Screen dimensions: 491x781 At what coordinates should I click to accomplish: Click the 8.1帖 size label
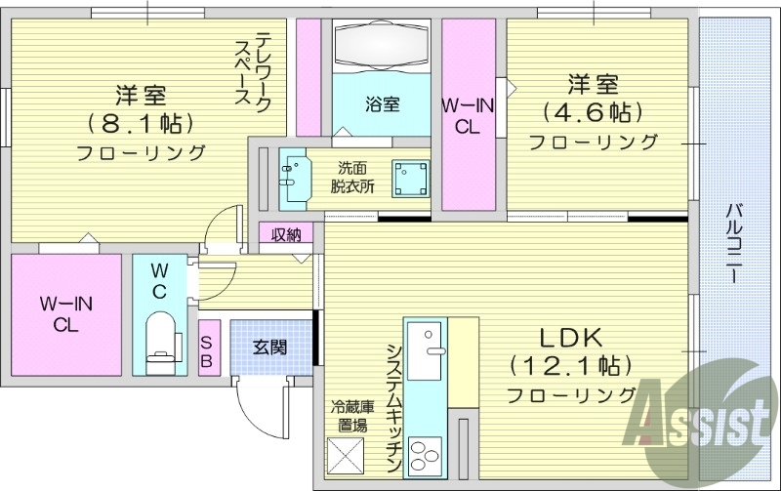[x=142, y=124]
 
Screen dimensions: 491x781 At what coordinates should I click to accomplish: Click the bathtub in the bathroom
[x=383, y=44]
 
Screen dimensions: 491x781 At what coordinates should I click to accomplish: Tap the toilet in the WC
[x=158, y=339]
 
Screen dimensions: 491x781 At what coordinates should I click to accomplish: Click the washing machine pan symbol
[x=410, y=179]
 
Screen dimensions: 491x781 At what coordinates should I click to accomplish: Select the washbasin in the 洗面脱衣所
[x=291, y=175]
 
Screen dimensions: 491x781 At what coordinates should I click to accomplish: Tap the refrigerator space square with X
[x=345, y=455]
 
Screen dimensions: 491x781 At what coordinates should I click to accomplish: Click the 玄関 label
[x=269, y=347]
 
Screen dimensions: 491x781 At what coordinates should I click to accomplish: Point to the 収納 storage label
[x=286, y=234]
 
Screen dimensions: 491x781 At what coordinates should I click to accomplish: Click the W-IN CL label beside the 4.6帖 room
[x=467, y=115]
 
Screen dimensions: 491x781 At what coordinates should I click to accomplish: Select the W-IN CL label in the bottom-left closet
[x=65, y=314]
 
